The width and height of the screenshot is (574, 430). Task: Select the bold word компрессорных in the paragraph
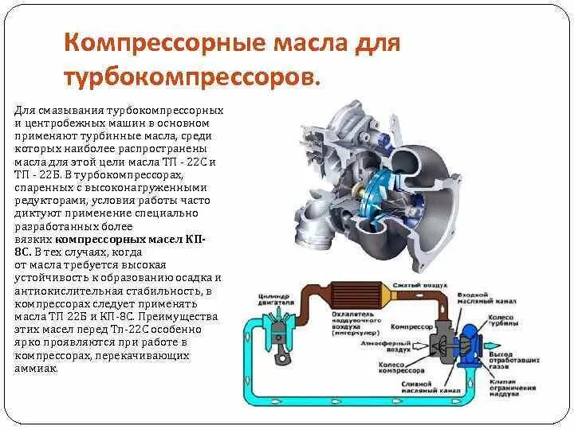(x=94, y=238)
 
